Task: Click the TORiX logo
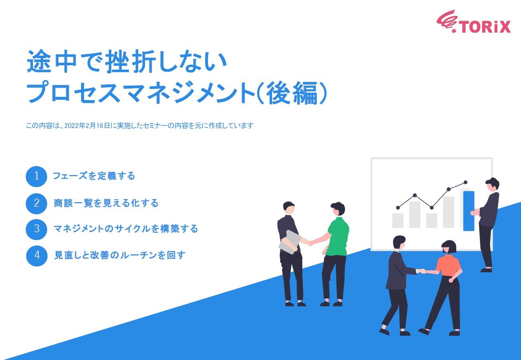[x=473, y=22]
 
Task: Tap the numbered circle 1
[x=37, y=176]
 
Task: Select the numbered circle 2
[x=37, y=203]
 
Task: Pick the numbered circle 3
[x=37, y=229]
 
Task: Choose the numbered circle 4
[x=37, y=255]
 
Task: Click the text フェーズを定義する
[x=94, y=176]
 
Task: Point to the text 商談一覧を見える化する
[x=106, y=203]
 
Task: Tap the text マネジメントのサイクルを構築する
[x=126, y=229]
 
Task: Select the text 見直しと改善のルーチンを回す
[x=120, y=255]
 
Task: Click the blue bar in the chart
[x=469, y=211]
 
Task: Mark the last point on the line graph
[x=465, y=182]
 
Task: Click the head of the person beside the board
[x=493, y=185]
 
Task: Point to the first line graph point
[x=398, y=207]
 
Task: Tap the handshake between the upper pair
[x=310, y=243]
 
